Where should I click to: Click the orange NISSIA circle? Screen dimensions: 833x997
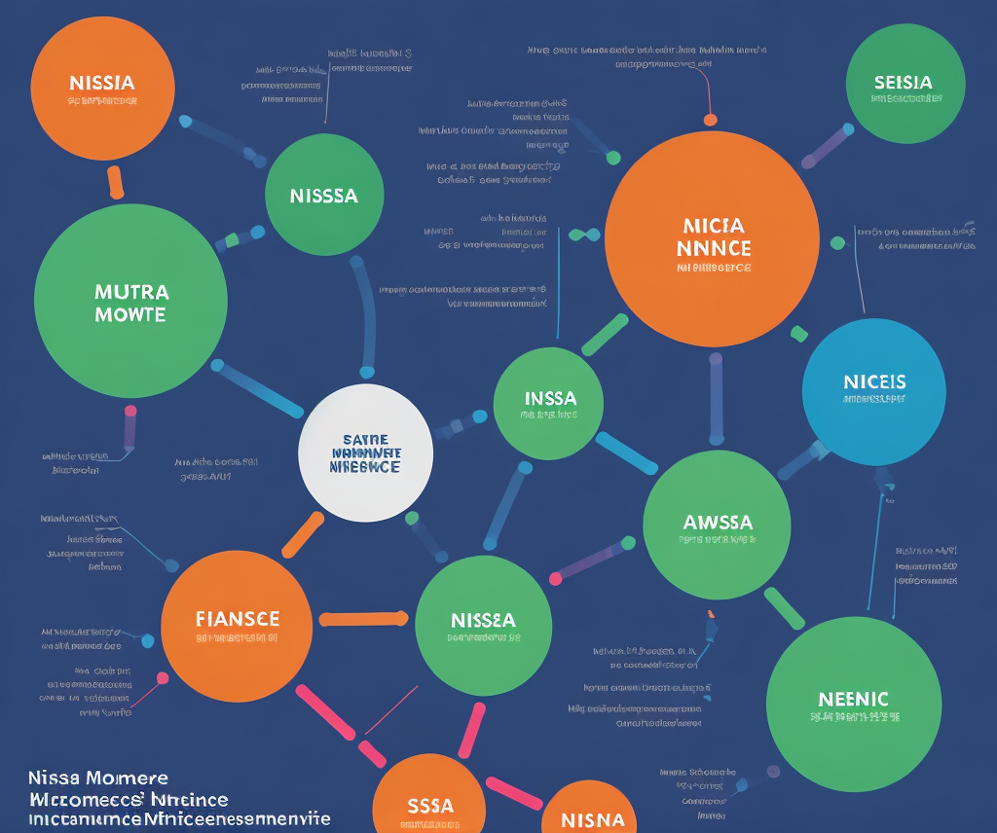(x=102, y=88)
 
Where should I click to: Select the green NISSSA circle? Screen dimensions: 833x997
(x=324, y=196)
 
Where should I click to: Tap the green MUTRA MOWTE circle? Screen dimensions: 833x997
(x=130, y=302)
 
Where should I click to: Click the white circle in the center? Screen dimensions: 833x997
(x=365, y=453)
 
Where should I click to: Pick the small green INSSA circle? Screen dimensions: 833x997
(x=549, y=403)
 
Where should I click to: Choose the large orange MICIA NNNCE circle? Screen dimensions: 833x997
(x=712, y=238)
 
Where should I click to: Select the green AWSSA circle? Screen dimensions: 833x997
(x=718, y=525)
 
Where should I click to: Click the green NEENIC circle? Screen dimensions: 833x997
(x=854, y=704)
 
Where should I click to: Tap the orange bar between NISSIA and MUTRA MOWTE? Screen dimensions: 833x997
(x=115, y=182)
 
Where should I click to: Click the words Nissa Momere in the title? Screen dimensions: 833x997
(x=97, y=779)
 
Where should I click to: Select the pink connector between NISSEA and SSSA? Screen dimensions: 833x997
(x=471, y=729)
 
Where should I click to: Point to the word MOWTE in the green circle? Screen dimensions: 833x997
(x=130, y=315)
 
